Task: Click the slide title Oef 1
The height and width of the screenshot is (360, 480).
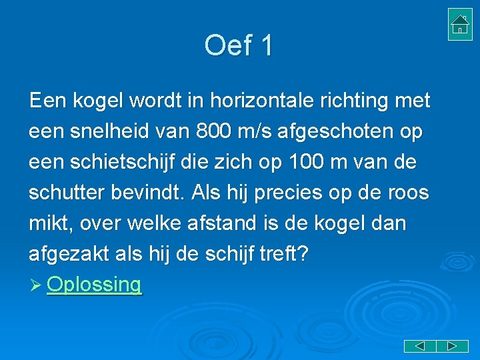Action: coord(239,46)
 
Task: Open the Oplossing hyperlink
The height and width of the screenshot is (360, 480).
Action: coord(95,285)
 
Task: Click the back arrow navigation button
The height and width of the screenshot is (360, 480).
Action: coord(420,346)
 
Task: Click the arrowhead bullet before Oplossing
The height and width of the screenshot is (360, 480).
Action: coord(36,285)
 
